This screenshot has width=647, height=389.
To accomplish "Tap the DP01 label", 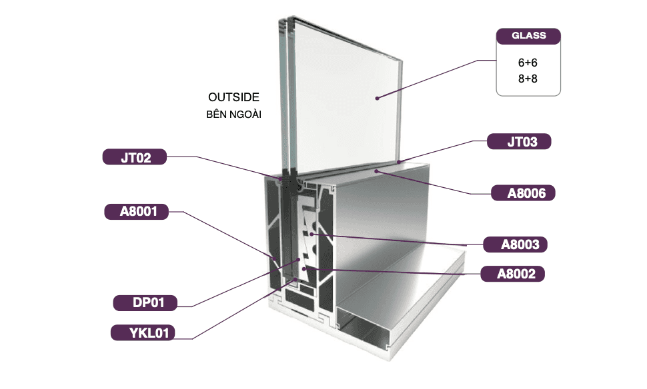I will (145, 303).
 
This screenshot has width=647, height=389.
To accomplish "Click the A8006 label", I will (523, 194).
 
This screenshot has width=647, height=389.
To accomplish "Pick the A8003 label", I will (515, 244).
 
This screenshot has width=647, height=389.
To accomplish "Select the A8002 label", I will (512, 273).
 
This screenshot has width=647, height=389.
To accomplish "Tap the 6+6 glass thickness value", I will (528, 63).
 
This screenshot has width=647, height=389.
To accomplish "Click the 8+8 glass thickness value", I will (528, 79).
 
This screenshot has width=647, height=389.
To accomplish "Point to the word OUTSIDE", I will (233, 97).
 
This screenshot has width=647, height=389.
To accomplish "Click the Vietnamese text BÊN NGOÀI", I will (233, 115).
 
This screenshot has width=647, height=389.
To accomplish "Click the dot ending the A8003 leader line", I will (311, 234).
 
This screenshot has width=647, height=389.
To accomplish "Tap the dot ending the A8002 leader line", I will (305, 268).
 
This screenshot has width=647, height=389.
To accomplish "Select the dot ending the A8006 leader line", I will (377, 171).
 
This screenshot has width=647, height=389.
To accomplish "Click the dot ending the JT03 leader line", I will (398, 162).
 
